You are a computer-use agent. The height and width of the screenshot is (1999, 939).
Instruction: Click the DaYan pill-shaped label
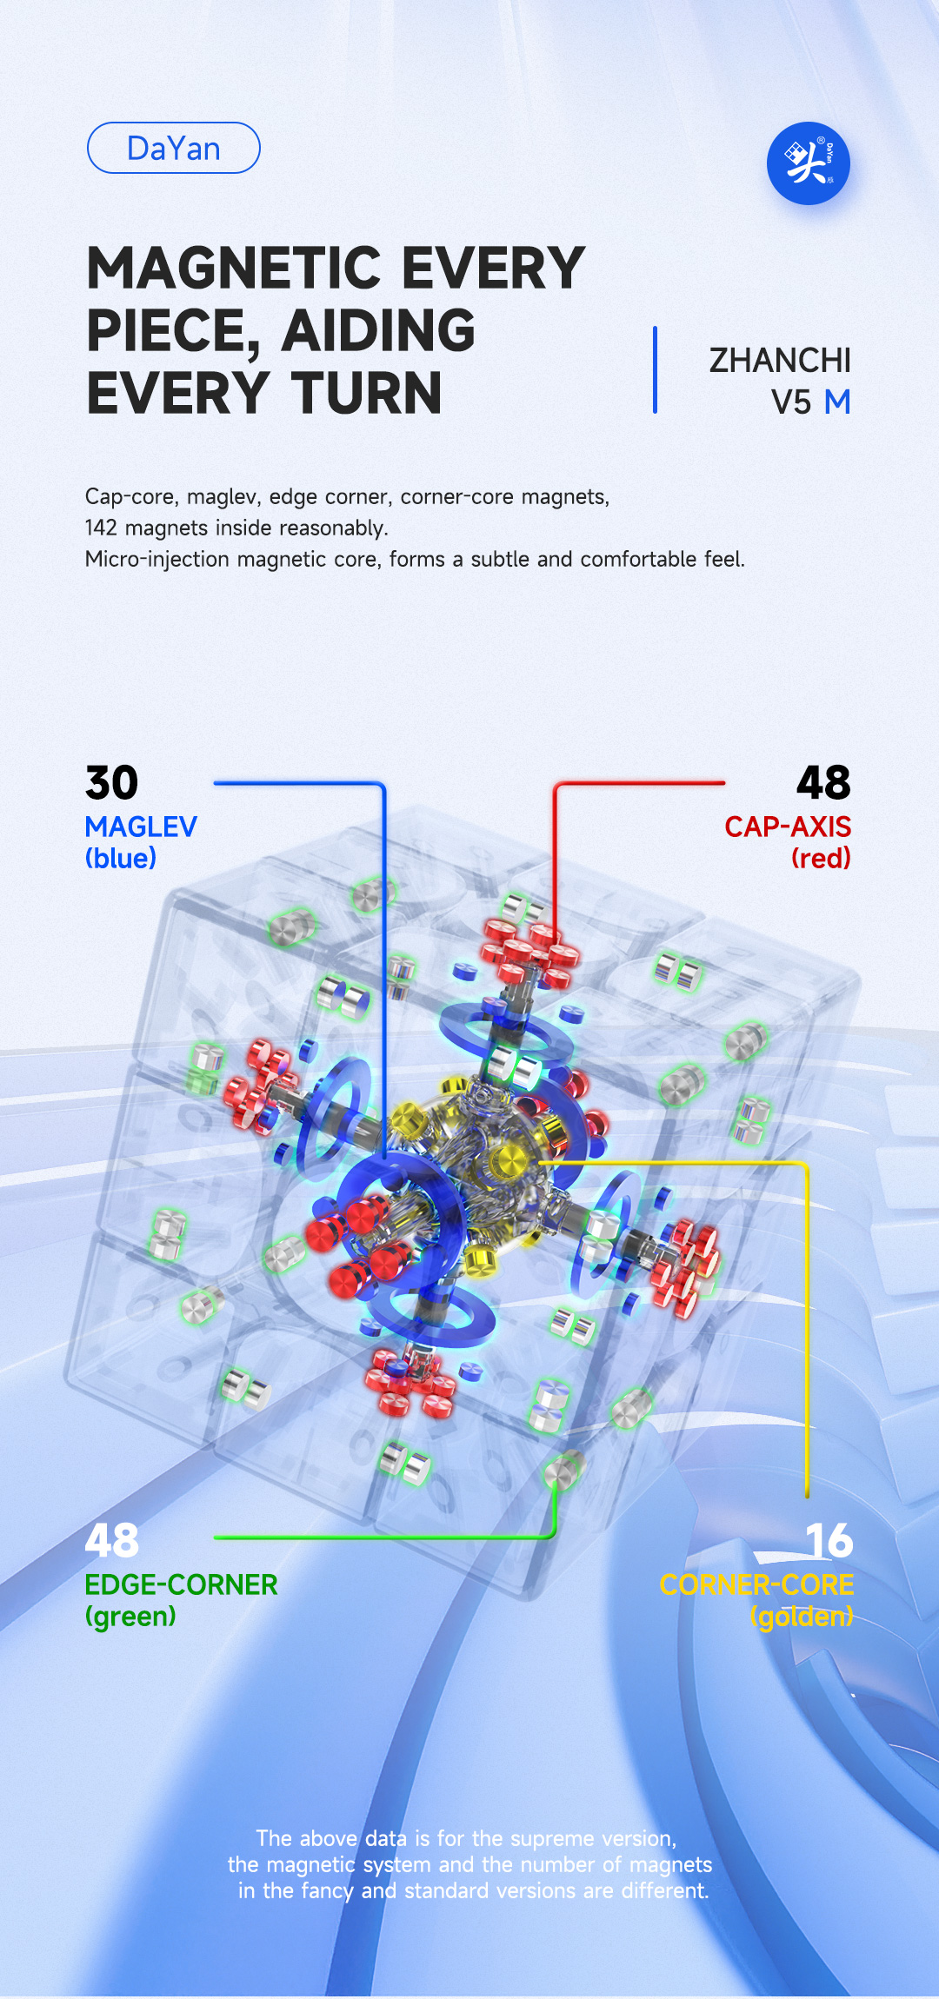[174, 148]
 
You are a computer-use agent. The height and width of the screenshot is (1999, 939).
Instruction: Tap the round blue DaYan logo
[809, 163]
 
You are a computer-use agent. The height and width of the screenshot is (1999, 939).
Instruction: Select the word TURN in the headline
[367, 393]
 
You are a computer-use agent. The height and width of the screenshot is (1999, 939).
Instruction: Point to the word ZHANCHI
[780, 361]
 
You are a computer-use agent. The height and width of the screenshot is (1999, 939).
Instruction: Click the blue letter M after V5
[837, 402]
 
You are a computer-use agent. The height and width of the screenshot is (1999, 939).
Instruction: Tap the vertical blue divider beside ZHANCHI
[655, 370]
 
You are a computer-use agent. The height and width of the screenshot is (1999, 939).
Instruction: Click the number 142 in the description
[101, 528]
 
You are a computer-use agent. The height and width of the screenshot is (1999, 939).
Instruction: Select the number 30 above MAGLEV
[112, 783]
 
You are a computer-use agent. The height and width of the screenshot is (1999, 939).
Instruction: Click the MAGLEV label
[141, 827]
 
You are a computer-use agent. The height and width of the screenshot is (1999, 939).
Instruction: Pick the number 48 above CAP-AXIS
[824, 783]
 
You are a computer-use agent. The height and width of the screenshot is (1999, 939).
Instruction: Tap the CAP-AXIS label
[788, 827]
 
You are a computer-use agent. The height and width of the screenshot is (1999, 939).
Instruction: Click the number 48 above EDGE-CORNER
[112, 1541]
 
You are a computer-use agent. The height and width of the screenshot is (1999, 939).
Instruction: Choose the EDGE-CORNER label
[181, 1584]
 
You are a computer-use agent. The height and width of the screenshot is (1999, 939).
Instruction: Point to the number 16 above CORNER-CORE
[829, 1541]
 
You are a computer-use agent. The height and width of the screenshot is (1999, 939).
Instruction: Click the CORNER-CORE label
[756, 1584]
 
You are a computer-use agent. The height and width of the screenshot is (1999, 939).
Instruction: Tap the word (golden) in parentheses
[802, 1617]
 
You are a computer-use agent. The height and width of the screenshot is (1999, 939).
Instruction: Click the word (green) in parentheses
[130, 1617]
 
